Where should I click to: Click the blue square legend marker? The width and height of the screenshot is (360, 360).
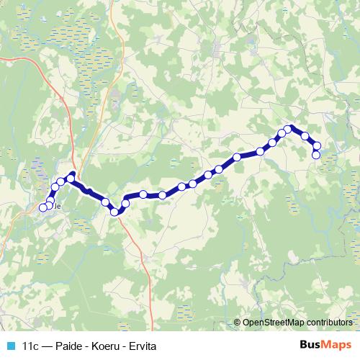(x=11, y=346)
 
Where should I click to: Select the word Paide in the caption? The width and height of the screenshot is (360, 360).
(x=67, y=346)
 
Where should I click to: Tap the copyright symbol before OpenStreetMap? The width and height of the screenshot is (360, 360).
(x=238, y=323)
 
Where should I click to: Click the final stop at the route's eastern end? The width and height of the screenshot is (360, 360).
(x=315, y=155)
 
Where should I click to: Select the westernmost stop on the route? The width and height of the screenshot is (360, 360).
(x=42, y=208)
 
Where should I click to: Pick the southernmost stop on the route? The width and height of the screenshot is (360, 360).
(x=114, y=211)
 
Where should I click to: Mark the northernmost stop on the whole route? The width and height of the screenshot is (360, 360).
(x=288, y=130)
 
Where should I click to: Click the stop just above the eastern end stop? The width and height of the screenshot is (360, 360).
(x=317, y=147)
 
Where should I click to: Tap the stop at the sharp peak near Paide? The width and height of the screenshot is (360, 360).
(x=71, y=176)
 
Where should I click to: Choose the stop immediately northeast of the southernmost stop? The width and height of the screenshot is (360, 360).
(x=125, y=204)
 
